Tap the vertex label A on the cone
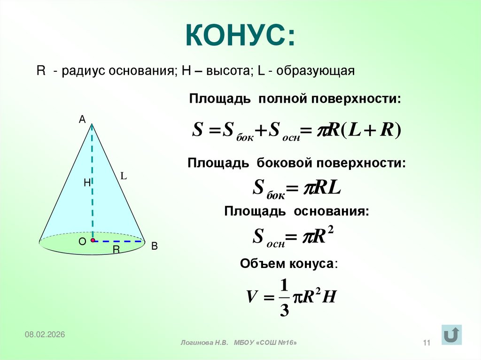point(82,120)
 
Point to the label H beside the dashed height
point(87,184)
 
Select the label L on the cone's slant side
point(124,176)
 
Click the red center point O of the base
point(93,240)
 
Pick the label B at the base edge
point(154,246)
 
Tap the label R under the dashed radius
point(116,250)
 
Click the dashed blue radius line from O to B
point(120,241)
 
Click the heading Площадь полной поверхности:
point(295,100)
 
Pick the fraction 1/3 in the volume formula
point(284,298)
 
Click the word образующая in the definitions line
point(319,71)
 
